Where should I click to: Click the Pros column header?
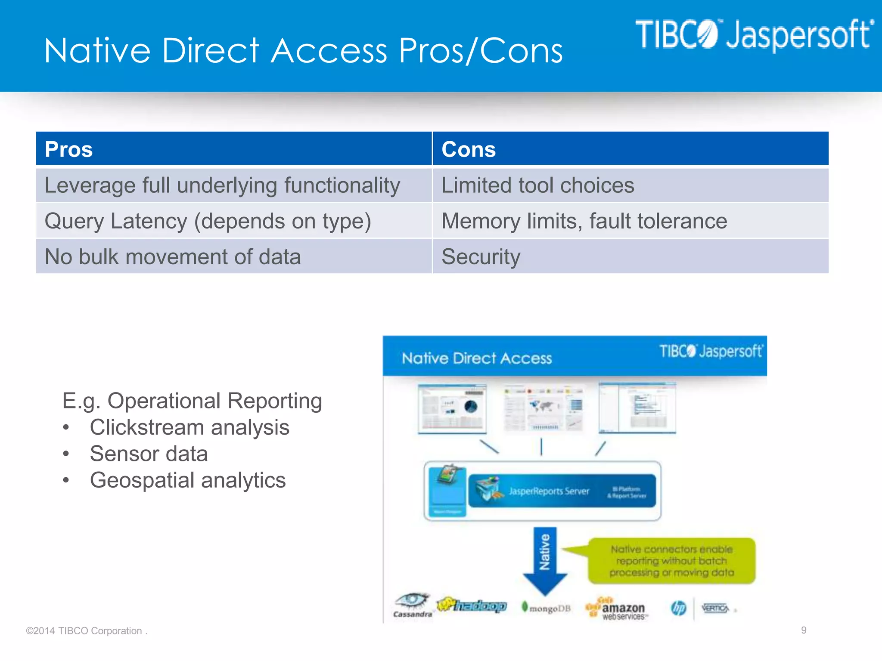tap(69, 149)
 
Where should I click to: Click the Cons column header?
tap(469, 149)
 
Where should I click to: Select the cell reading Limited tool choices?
tap(537, 185)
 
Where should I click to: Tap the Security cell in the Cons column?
tap(481, 257)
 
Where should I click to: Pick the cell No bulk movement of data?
tap(173, 257)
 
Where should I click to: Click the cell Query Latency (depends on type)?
tap(208, 221)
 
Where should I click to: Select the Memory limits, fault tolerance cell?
tap(584, 221)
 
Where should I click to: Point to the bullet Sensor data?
tap(149, 454)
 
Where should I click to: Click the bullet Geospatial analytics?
tap(187, 480)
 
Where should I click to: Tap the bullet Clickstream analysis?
tap(189, 428)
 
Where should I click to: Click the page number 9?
tap(804, 630)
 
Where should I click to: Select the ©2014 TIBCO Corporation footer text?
tap(86, 631)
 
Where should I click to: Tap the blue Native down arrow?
tap(545, 559)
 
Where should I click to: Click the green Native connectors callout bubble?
tap(672, 561)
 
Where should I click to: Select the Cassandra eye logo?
tap(412, 605)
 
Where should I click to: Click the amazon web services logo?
tap(617, 609)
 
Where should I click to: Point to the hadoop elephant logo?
tap(472, 605)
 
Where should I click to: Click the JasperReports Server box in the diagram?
tap(562, 491)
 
